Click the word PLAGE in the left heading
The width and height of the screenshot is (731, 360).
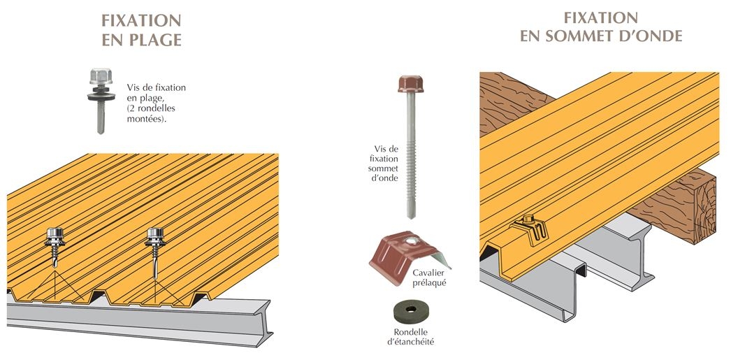point(152,41)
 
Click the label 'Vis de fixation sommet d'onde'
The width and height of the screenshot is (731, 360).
point(383,163)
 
